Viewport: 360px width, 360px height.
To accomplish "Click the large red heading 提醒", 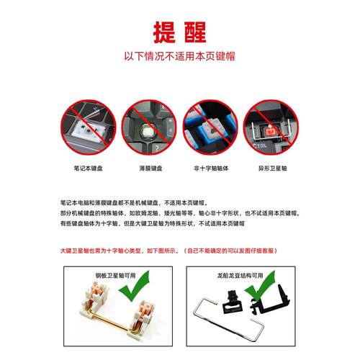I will click(x=179, y=31).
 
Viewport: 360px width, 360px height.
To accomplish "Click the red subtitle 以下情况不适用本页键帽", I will click(x=179, y=55).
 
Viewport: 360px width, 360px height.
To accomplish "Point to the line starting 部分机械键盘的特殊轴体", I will click(x=180, y=214).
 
